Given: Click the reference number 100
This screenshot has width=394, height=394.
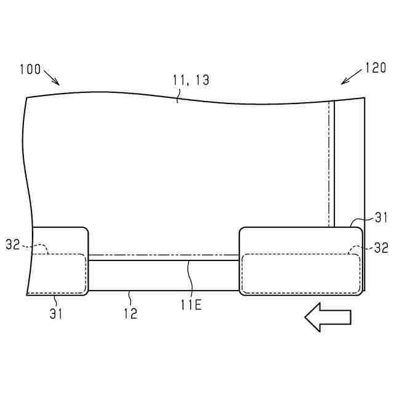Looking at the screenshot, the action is pos(30,69).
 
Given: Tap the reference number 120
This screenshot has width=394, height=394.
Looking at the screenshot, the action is pos(376,68).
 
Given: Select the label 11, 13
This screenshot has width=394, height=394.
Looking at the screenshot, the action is pos(191,80).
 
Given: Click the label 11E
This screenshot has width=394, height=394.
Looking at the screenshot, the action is pos(191,305).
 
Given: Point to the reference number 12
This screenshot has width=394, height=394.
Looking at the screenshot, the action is pos(131,313).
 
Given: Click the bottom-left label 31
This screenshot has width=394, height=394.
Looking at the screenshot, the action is pos(56,313).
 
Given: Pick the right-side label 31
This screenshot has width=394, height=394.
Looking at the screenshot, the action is pos(382,217).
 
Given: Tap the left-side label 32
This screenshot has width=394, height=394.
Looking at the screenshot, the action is pos(12,244).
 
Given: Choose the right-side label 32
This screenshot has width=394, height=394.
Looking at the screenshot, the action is pos(381,247).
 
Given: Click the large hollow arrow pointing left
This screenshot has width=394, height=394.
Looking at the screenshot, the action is pos(328,318).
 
